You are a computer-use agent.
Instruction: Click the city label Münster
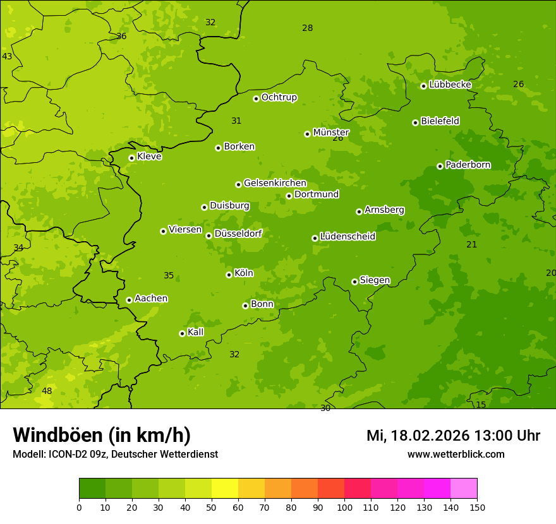coord(331,133)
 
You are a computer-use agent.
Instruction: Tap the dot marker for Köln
coord(229,275)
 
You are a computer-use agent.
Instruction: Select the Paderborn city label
coord(468,165)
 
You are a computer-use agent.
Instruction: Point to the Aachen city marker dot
coord(129,300)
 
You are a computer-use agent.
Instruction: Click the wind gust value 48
coord(47,391)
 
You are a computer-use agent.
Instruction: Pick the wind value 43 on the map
coord(7,57)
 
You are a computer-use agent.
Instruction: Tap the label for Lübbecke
coord(450,85)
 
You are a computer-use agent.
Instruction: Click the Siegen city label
coord(375,280)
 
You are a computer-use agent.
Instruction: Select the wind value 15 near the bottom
coord(481,405)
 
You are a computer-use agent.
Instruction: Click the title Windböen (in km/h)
coord(102,435)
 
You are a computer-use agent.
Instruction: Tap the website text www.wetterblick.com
coord(456,455)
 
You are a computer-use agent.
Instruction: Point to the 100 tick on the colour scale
coord(344,507)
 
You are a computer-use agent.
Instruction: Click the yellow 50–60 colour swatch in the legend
coord(225,489)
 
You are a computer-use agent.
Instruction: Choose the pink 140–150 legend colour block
coord(464,489)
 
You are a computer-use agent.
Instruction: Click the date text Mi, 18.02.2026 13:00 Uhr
coord(453,436)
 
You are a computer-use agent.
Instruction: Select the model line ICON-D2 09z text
coord(115,455)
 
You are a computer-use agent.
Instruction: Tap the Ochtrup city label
coord(279,97)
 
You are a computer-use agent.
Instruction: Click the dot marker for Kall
coord(182,333)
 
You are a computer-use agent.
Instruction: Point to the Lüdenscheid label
coord(347,237)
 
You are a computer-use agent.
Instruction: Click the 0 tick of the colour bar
coord(79,507)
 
